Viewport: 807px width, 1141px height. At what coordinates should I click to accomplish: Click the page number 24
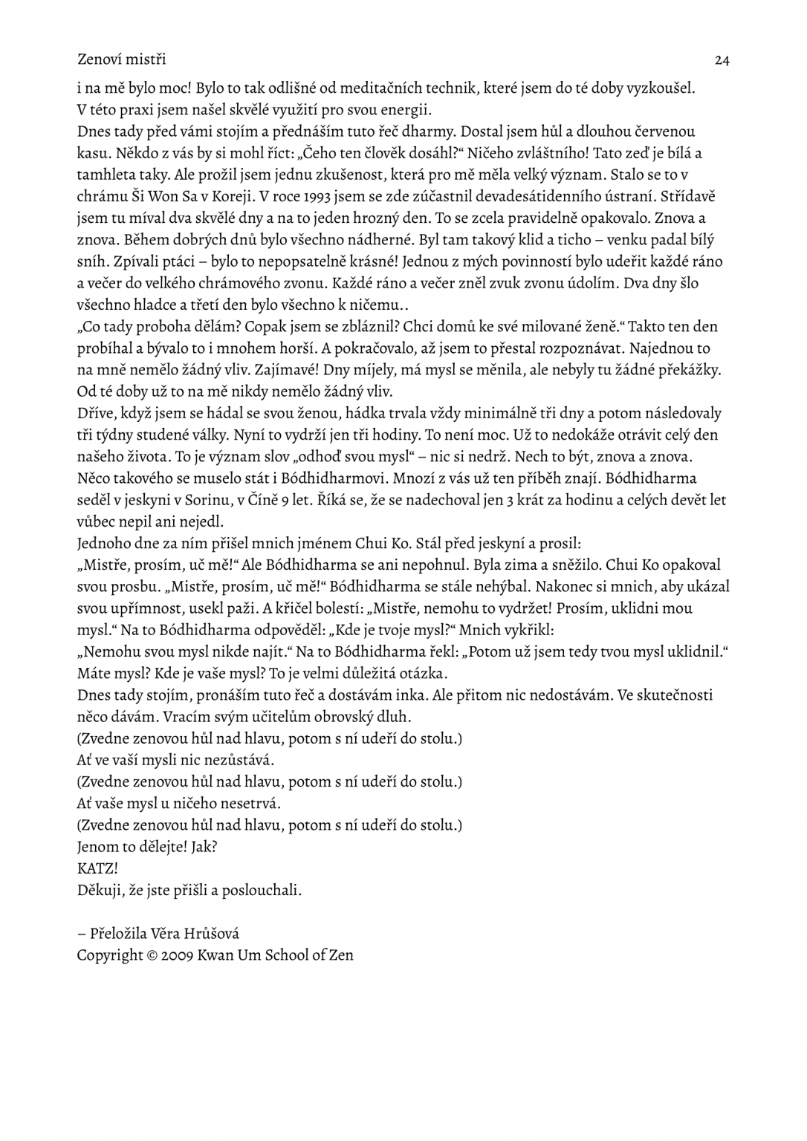[722, 61]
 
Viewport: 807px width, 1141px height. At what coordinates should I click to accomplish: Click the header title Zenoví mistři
[121, 59]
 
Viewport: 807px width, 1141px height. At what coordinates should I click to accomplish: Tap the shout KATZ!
[97, 868]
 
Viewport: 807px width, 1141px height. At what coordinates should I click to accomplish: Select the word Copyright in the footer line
[109, 955]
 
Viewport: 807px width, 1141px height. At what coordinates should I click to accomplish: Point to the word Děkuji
[97, 889]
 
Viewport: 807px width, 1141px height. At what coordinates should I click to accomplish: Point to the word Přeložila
[118, 934]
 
